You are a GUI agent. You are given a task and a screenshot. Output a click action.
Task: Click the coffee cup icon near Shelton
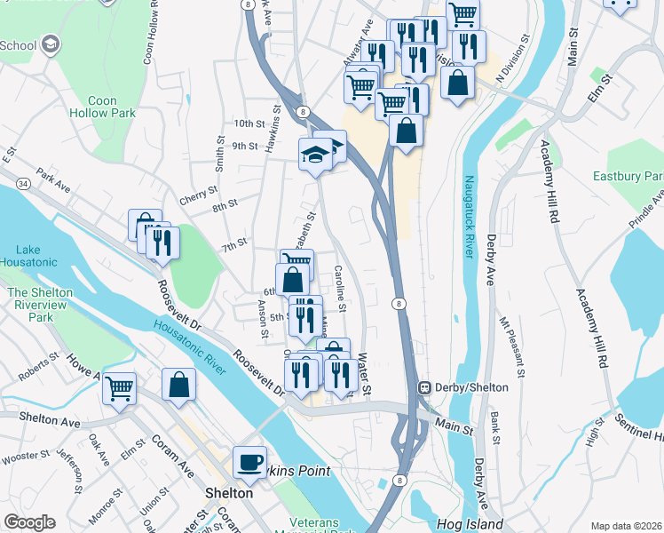pos(249,461)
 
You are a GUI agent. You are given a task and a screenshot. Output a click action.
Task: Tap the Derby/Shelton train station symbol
pos(425,387)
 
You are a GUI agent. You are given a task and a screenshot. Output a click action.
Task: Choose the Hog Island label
pos(470,524)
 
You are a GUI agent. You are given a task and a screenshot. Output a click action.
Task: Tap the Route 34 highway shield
pos(21,183)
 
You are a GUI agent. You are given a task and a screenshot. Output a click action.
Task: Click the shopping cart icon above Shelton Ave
pos(119,387)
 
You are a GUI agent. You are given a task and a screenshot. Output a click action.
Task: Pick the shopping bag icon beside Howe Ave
pos(178,386)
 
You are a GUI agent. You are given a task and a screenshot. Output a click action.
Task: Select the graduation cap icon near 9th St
pos(315,155)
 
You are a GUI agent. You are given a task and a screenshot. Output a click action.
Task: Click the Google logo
pos(29,522)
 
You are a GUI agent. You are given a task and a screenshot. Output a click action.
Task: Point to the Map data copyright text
pos(627,526)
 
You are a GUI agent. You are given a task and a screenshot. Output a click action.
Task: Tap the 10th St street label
pos(249,123)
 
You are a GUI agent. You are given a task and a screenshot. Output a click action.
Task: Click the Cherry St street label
pos(198,191)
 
